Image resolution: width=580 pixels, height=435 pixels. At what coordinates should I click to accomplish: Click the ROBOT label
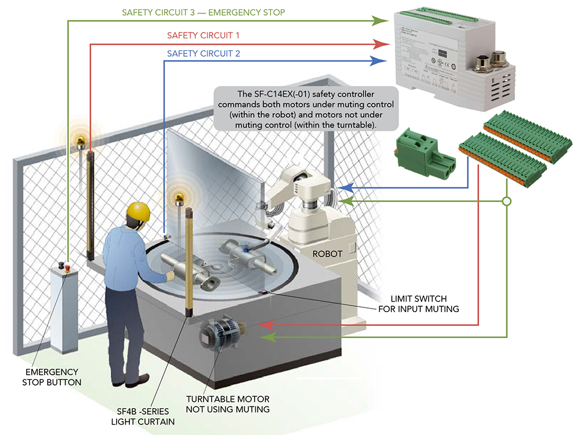[327, 253]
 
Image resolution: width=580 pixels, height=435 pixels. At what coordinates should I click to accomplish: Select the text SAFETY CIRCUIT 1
[203, 35]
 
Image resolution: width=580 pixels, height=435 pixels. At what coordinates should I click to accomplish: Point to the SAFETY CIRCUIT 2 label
[203, 53]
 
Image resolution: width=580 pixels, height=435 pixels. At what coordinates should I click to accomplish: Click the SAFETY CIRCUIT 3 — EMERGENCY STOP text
[203, 12]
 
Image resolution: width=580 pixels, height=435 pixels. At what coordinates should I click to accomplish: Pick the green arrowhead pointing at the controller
[380, 21]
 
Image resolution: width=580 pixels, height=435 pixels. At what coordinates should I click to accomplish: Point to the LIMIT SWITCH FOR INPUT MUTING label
[418, 303]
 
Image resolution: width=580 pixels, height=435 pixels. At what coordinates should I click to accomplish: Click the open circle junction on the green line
[506, 202]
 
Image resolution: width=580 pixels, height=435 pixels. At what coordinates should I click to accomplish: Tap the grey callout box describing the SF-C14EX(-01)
[306, 108]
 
